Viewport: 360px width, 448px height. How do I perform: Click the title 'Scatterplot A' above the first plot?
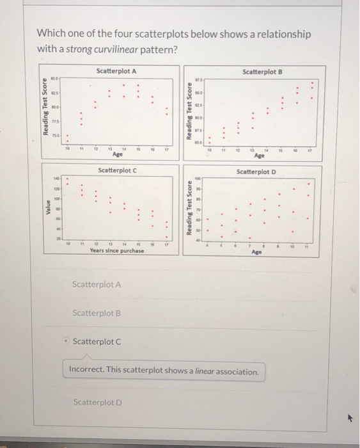pos(116,70)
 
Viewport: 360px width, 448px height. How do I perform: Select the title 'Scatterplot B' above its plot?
pos(262,72)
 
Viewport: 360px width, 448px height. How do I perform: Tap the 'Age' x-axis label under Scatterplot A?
pos(117,154)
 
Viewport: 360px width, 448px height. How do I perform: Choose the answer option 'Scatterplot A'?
pos(97,284)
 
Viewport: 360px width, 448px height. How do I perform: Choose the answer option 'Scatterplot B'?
pos(97,313)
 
